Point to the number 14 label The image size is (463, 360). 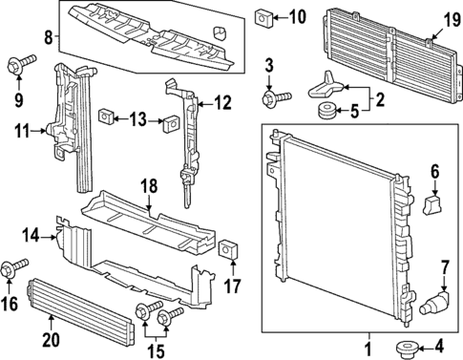30,234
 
